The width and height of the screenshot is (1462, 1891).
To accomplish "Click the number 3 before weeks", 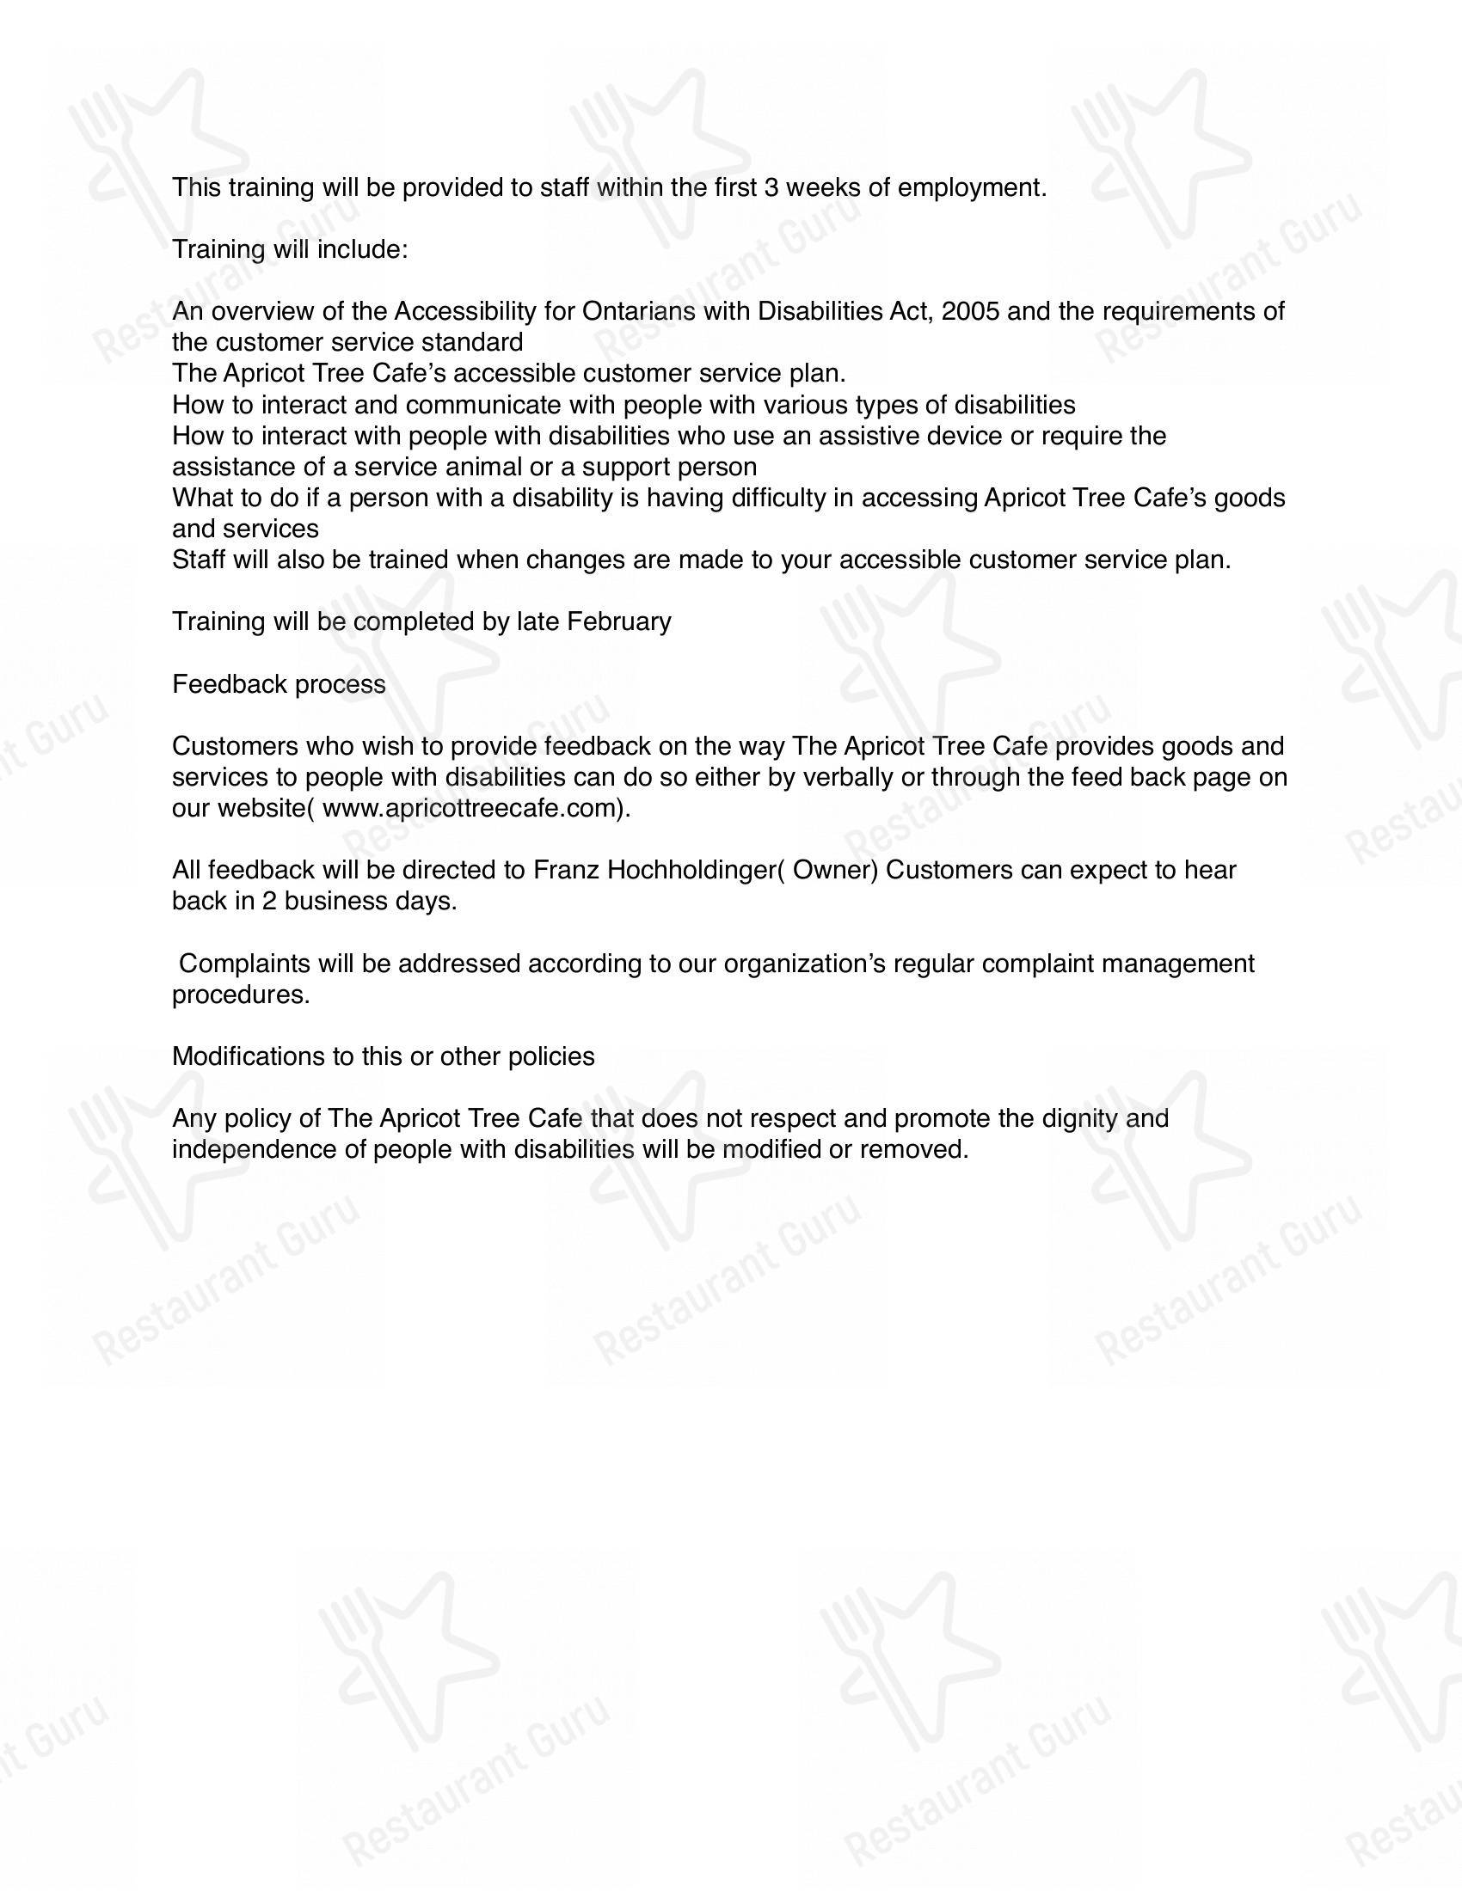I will pyautogui.click(x=771, y=188).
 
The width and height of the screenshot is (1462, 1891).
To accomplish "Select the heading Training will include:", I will pyautogui.click(x=289, y=250).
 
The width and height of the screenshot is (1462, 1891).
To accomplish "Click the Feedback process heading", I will pyautogui.click(x=279, y=684).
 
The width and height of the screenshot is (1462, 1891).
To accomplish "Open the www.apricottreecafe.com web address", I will pyautogui.click(x=473, y=809).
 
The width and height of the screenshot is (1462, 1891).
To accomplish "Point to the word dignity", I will pyautogui.click(x=1076, y=1118).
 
